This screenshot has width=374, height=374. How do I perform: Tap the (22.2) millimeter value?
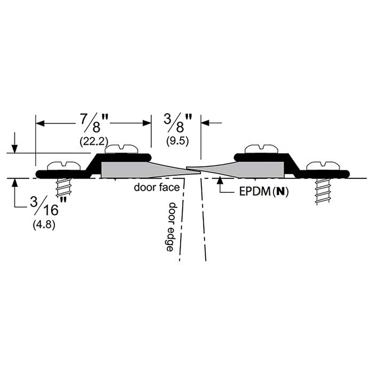93,142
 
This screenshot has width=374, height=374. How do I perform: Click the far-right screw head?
323,166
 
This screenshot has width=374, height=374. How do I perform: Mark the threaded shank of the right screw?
323,190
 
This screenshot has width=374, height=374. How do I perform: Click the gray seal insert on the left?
134,169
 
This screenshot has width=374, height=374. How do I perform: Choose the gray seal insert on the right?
251,169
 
